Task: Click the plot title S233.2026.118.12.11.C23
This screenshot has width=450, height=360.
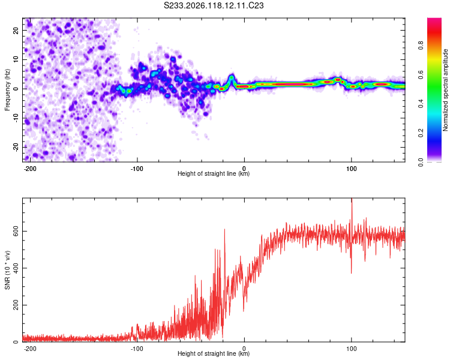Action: click(214, 5)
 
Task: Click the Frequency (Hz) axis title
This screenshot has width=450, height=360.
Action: click(7, 90)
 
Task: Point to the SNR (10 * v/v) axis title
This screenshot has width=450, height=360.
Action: click(7, 270)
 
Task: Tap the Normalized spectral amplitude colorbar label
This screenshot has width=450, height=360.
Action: click(445, 90)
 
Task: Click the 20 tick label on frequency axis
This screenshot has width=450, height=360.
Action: click(16, 31)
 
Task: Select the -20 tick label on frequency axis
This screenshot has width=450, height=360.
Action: click(16, 148)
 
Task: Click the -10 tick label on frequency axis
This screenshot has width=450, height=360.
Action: click(16, 118)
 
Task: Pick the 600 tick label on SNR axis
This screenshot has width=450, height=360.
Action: click(16, 232)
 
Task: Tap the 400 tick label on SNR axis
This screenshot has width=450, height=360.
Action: click(16, 268)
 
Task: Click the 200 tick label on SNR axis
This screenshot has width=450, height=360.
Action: click(16, 305)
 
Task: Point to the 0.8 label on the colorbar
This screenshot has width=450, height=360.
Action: click(421, 45)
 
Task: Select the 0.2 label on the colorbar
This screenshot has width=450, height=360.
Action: click(421, 133)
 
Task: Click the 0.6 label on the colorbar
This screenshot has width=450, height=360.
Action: click(421, 74)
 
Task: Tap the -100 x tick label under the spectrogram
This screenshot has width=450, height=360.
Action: click(137, 169)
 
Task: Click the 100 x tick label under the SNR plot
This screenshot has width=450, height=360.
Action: click(351, 349)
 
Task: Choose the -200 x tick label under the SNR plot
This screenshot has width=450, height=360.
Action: click(30, 349)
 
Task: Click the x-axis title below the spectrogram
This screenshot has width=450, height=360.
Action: click(214, 173)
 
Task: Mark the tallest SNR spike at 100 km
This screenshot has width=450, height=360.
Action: click(352, 199)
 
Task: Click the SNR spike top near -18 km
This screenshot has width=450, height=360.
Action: click(224, 229)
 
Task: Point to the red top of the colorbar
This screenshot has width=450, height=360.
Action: click(434, 20)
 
